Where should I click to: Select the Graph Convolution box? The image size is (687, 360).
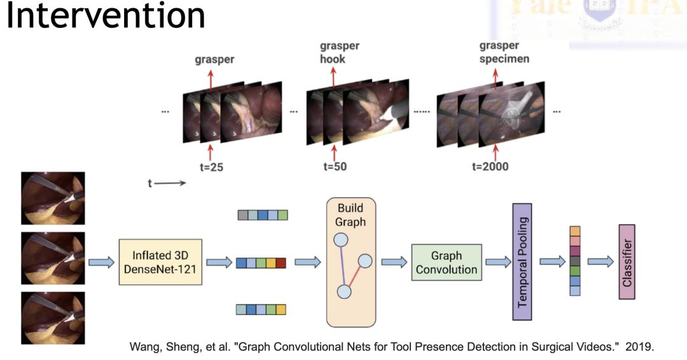point(446,263)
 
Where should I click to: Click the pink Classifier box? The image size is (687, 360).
point(627,261)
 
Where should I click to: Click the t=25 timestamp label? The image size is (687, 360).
point(211,168)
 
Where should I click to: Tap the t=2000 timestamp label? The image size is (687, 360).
point(490,168)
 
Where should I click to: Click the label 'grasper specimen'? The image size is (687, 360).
point(504,53)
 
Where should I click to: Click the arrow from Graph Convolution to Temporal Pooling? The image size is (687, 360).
point(497,261)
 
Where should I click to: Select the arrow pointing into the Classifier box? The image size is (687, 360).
point(600,261)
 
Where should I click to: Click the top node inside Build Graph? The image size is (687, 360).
point(341,240)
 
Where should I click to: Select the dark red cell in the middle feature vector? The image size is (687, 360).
point(281,263)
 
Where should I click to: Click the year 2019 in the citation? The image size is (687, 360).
point(639,347)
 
